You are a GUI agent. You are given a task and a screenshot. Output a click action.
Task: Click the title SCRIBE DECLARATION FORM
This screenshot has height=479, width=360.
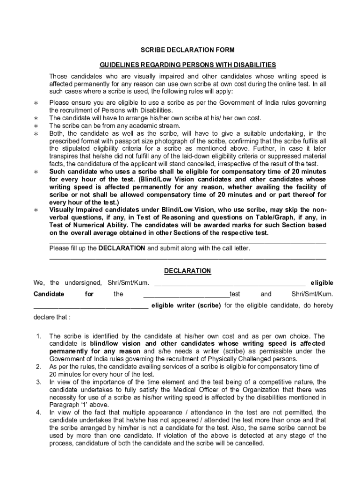[181, 50]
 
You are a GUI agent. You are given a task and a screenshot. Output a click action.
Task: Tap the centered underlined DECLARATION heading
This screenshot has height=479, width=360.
[187, 271]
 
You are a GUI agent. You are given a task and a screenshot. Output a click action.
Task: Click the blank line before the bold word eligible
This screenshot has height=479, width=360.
[230, 283]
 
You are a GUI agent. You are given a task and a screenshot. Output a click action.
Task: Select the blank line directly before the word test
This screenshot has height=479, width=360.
[186, 294]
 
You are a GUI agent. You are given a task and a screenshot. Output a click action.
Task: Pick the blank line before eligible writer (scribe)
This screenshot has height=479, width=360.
[91, 306]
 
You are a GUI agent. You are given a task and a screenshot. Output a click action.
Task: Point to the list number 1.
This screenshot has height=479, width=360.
[39, 336]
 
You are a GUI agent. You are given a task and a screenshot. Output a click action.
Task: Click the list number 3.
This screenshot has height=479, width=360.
[39, 382]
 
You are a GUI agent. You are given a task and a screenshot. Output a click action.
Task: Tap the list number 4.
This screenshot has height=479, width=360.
[39, 413]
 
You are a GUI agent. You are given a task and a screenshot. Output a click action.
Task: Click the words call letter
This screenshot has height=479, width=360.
[232, 248]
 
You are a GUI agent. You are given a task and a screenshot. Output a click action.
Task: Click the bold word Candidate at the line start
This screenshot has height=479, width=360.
[49, 294]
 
